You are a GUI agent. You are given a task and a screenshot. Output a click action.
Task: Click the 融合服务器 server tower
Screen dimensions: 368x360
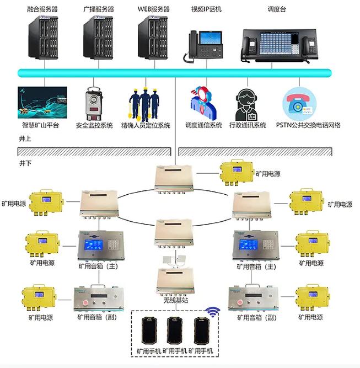[43, 38]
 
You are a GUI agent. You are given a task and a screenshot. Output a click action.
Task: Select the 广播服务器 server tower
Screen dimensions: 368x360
[99, 38]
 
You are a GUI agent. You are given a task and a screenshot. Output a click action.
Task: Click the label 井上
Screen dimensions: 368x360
[25, 138]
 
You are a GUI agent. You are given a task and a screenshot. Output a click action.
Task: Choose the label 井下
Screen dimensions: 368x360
[25, 164]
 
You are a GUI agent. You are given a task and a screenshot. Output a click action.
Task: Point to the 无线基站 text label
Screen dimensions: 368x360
[174, 300]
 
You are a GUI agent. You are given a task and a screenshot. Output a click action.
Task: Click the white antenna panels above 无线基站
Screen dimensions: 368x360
[174, 259]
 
